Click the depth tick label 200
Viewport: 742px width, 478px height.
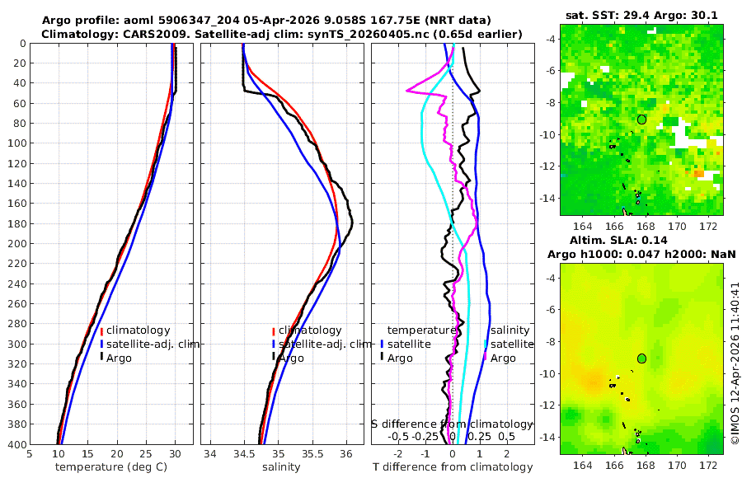[15, 244]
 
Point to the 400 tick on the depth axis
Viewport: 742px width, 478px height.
[15, 445]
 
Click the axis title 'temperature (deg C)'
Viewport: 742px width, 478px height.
[110, 467]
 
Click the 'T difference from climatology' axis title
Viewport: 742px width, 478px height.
[453, 467]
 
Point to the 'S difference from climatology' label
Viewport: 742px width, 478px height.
[452, 424]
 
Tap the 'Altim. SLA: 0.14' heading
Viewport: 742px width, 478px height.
[641, 239]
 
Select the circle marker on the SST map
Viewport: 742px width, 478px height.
[641, 119]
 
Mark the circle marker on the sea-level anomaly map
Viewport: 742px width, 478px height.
[641, 358]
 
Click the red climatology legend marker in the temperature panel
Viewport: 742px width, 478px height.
[101, 330]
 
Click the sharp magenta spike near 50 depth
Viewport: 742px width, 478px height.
[407, 90]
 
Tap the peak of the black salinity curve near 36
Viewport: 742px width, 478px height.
[352, 221]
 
